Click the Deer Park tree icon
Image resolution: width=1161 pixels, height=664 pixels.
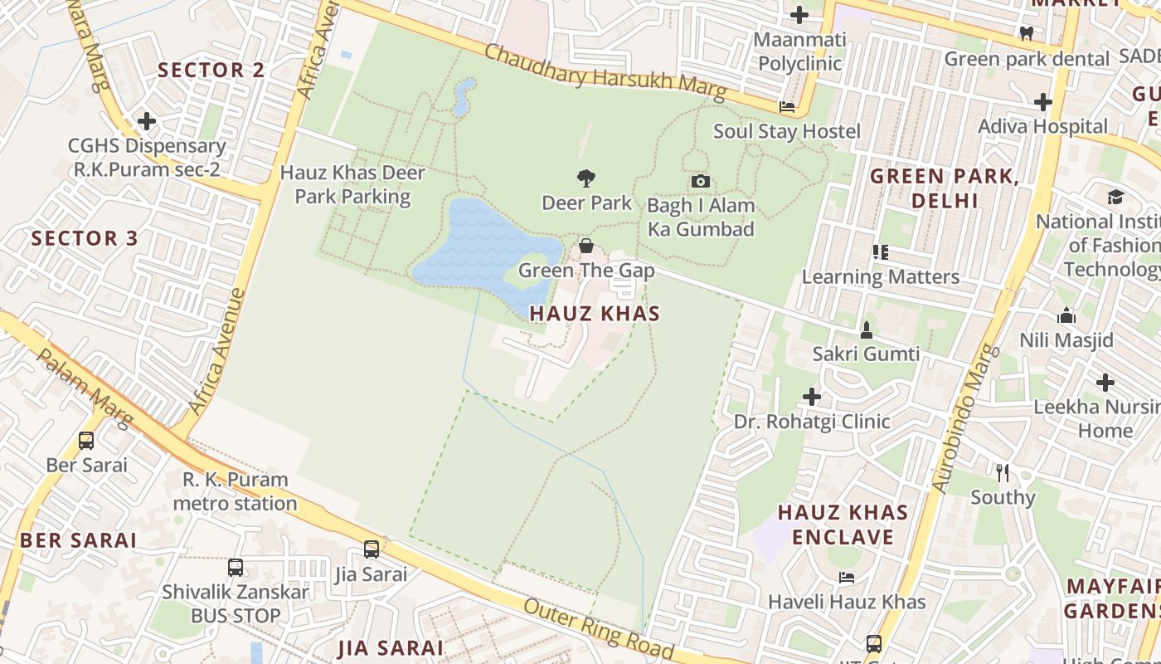tap(586, 178)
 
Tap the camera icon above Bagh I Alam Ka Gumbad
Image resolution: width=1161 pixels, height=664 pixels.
tap(700, 181)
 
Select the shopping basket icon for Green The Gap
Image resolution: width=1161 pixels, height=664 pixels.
tap(586, 246)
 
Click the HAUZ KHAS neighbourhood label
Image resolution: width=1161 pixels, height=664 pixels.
tap(595, 313)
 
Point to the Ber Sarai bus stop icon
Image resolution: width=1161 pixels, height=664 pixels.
tap(86, 440)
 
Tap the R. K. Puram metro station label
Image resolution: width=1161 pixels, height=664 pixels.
tap(236, 491)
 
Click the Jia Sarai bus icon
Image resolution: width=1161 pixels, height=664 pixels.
tap(372, 549)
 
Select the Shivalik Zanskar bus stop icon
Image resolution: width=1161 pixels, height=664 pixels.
tap(236, 568)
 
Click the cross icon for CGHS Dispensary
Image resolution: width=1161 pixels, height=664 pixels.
tap(147, 121)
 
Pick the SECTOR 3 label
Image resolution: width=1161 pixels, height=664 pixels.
tap(85, 238)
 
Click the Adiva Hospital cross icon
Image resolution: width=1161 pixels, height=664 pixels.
tap(1042, 102)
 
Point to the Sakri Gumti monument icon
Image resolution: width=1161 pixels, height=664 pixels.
tap(866, 330)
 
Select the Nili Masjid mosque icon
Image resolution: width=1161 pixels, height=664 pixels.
tap(1066, 315)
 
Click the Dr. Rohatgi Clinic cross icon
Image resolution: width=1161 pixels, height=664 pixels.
tap(811, 397)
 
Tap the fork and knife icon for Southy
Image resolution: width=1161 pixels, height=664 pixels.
tap(1003, 473)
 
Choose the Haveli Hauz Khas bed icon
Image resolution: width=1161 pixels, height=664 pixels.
tap(846, 577)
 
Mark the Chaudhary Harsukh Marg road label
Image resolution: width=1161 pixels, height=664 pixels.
tap(605, 71)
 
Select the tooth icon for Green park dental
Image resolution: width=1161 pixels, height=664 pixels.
tap(1026, 34)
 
